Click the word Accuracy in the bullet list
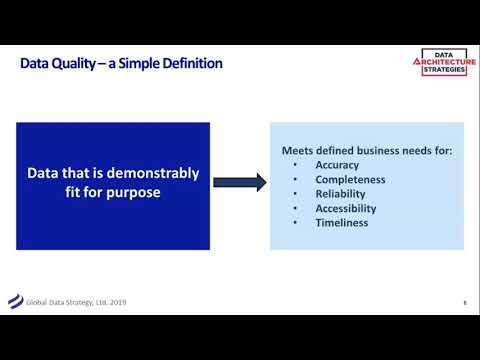coord(337,165)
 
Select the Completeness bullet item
coord(350,180)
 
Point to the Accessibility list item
coord(346,209)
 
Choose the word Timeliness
coord(341,223)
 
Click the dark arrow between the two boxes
coord(240,182)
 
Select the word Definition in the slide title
coord(189,64)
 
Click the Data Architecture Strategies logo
coord(444,62)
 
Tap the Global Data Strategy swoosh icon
coord(15,301)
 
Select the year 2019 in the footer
coord(117,302)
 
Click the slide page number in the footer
coord(464,303)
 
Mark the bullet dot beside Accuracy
coord(296,165)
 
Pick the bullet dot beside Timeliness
coord(296,223)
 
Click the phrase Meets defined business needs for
coord(366,151)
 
